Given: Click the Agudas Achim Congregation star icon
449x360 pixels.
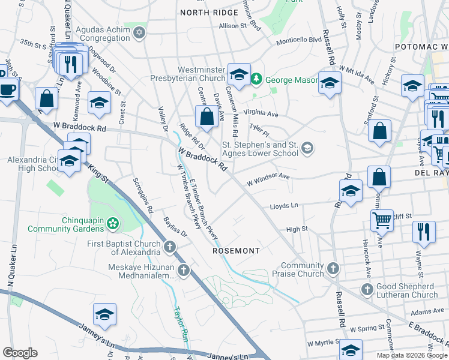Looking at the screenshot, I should (140, 32).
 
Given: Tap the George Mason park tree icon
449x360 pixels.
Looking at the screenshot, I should (257, 79).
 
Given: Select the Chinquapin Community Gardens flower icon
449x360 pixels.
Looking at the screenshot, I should (112, 224).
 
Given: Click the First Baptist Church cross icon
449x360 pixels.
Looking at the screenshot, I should (170, 247).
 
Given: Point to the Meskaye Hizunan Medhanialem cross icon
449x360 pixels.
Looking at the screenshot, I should (184, 271).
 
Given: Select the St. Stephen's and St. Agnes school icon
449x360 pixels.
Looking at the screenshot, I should (307, 148).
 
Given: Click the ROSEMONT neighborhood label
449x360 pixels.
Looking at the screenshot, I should (237, 251).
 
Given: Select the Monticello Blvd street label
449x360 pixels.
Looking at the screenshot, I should (298, 41).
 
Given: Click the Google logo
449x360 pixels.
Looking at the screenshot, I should (20, 353).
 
